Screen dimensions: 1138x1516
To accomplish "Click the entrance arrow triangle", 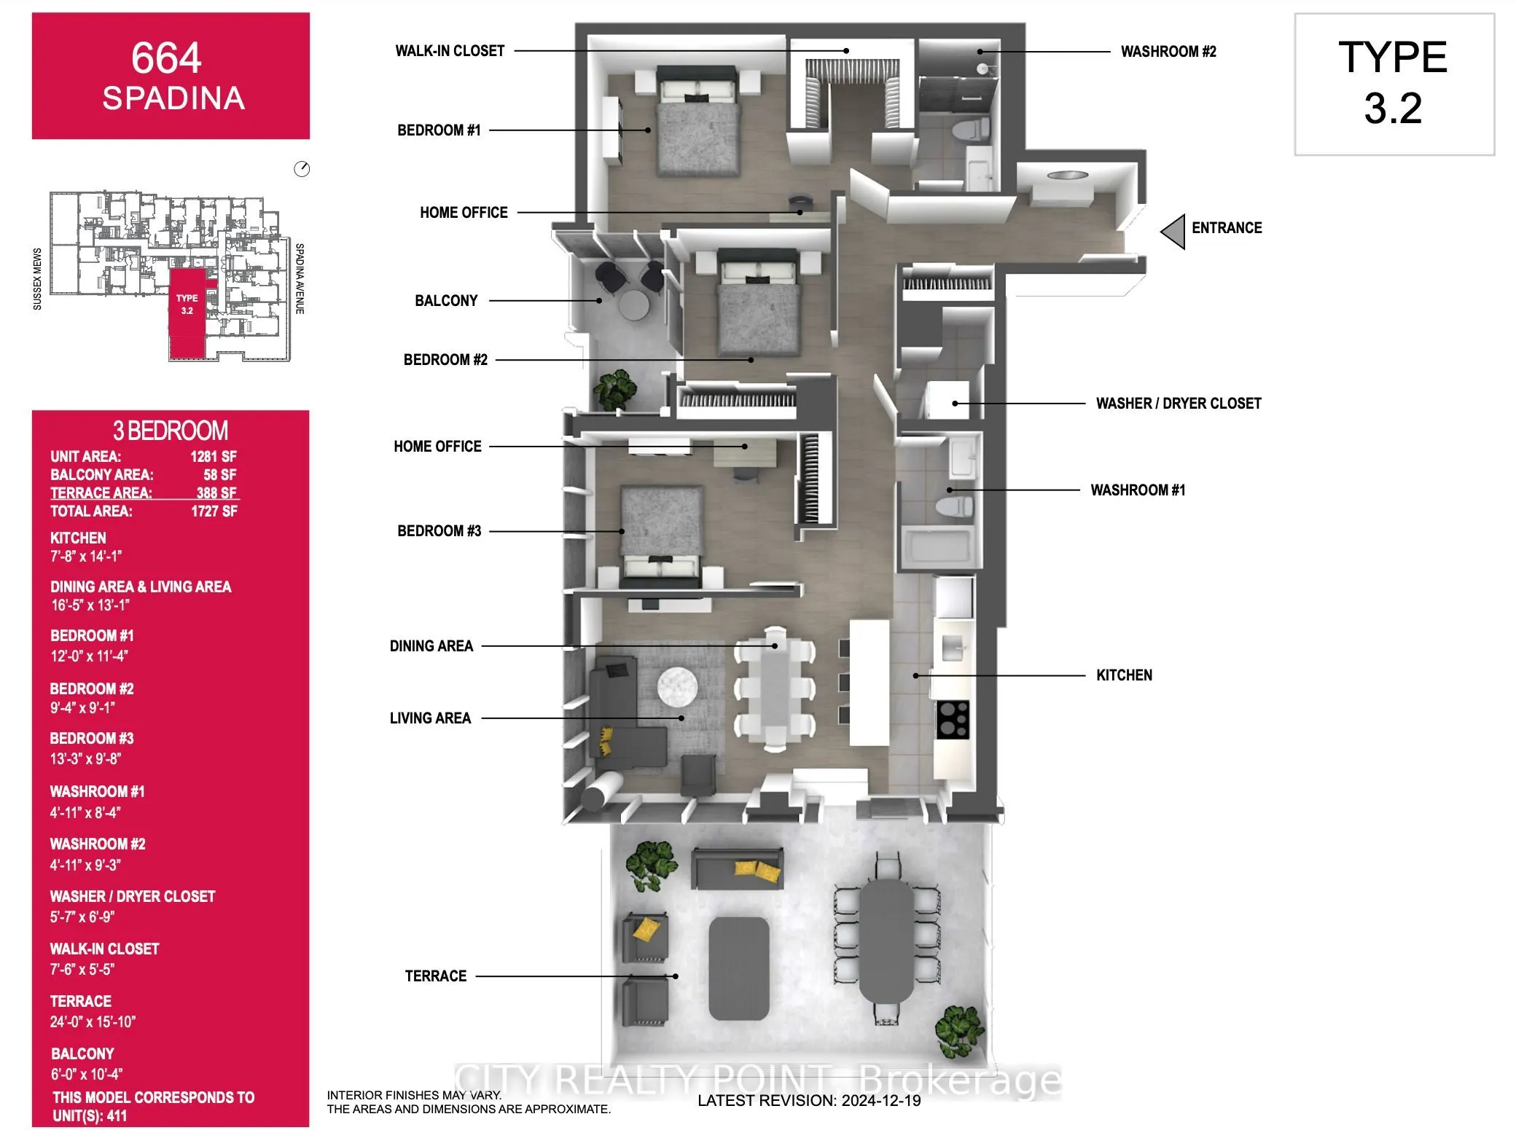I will tap(1173, 232).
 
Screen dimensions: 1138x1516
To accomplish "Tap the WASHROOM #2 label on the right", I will tap(1168, 52).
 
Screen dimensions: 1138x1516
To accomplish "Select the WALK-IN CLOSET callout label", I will tap(450, 51).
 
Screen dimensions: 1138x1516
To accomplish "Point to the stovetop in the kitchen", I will tap(953, 719).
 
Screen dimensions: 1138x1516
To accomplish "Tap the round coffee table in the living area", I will tap(677, 687).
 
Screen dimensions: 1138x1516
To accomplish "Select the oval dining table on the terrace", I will tap(886, 940).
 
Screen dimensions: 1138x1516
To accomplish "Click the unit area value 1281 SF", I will tap(214, 457).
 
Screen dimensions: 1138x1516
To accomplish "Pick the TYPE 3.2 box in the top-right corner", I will tap(1394, 84).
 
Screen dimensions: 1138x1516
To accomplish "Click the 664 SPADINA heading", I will tap(171, 76).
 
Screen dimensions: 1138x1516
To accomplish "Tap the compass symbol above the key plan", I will tap(302, 170).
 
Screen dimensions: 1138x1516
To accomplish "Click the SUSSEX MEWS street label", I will tap(37, 279).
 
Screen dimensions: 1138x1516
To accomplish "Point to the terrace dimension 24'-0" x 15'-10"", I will tap(93, 1022).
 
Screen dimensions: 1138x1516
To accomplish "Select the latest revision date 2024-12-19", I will tap(809, 1100).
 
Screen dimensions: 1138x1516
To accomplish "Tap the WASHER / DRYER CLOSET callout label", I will tap(1178, 404).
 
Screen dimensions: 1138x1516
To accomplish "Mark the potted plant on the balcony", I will tap(614, 389).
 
